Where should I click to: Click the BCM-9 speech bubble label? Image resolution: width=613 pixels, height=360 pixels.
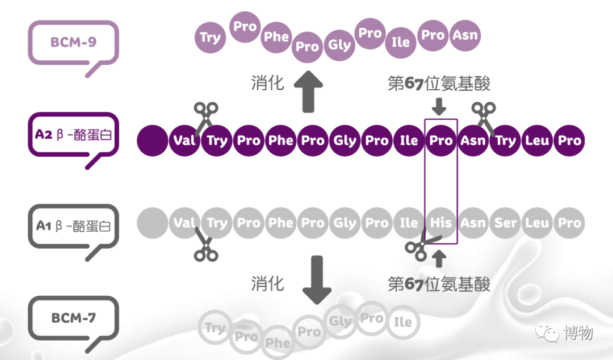73,43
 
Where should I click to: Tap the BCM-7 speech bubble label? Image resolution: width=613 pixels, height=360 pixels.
73,318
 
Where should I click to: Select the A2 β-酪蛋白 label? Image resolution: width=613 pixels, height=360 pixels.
73,135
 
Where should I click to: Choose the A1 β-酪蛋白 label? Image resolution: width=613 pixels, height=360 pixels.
73,226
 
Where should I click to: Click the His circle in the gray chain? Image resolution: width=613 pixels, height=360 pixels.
441,223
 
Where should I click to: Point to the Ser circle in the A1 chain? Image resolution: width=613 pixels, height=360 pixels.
505,223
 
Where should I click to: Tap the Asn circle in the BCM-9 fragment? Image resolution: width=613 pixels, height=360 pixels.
465,36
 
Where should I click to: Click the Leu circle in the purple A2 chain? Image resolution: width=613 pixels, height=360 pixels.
537,140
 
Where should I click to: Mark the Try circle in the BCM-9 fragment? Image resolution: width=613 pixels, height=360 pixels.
211,38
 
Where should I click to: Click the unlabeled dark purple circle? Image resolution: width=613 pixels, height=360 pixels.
153,140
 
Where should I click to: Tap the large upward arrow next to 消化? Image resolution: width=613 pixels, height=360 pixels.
308,91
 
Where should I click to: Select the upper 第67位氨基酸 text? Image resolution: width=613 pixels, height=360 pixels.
439,83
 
